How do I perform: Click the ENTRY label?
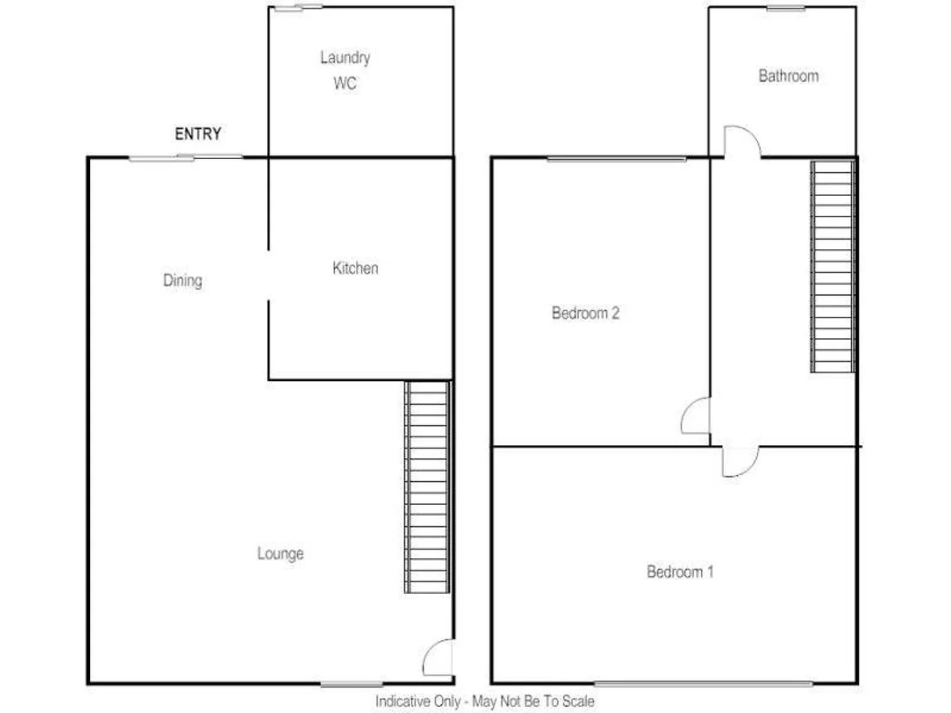click(x=197, y=134)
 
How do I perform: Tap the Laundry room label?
click(x=345, y=58)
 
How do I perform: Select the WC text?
click(x=345, y=84)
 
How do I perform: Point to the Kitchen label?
click(x=355, y=268)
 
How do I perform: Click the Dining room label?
click(x=183, y=281)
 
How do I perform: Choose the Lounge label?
click(x=281, y=553)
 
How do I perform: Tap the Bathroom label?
click(x=789, y=76)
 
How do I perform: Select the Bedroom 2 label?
click(x=585, y=313)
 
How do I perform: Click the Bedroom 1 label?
click(x=680, y=572)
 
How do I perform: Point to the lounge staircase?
click(x=427, y=487)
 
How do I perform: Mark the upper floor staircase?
click(x=833, y=266)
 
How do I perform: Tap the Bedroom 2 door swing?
click(x=696, y=416)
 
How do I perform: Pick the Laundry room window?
click(x=299, y=8)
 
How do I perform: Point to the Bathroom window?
click(x=786, y=8)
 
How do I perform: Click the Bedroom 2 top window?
click(x=617, y=158)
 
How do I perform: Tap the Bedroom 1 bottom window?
click(x=703, y=684)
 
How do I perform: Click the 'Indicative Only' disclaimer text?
click(x=485, y=701)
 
